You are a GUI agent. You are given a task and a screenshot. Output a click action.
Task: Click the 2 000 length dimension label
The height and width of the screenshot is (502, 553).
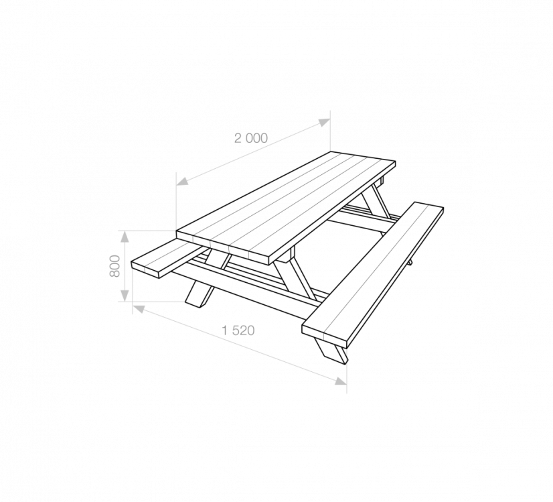coord(251,138)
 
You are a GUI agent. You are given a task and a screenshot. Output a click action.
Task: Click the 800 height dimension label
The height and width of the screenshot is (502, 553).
coord(115,266)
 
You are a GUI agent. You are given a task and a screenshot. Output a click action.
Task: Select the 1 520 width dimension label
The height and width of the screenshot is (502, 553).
coord(238,330)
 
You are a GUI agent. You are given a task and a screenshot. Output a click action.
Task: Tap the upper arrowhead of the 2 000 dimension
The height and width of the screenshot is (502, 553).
coord(324,122)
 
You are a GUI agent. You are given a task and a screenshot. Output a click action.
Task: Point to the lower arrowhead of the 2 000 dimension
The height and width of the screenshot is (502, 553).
coord(182,182)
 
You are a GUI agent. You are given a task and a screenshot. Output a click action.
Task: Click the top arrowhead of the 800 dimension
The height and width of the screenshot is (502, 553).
coord(125,236)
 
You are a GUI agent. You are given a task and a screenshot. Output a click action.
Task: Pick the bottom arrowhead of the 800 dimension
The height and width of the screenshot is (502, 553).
coord(125,296)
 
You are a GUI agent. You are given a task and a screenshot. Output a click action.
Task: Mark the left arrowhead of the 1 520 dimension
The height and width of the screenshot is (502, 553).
coord(139,309)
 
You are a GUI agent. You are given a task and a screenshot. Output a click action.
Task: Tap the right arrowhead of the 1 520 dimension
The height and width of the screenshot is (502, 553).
coord(341,381)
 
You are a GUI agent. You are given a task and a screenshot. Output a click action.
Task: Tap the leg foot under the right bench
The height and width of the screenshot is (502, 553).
coord(331,351)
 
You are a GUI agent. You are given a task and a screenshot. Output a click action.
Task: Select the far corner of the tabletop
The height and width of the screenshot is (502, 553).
coord(331,151)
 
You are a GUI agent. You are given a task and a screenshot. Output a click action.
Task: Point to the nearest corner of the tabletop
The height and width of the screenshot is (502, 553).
coord(269,265)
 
